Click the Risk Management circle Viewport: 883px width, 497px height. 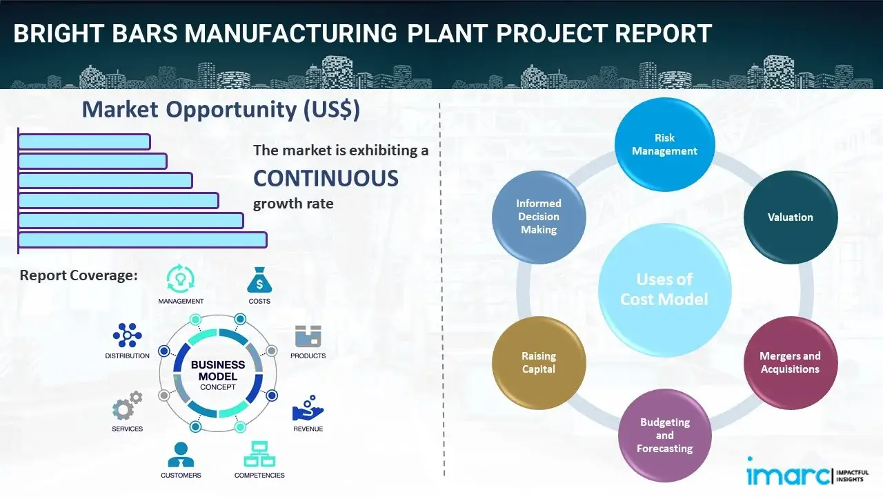664,145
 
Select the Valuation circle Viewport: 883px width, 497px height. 790,217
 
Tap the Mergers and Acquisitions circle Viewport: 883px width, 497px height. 790,362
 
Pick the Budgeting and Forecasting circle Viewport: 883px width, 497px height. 664,435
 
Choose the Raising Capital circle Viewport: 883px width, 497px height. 539,363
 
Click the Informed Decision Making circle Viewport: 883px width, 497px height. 539,217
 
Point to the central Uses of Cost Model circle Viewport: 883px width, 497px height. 664,289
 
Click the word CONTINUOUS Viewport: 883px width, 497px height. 326,178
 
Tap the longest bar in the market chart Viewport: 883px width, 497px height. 142,240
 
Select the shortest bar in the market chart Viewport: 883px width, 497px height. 84,142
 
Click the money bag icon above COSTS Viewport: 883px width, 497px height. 259,280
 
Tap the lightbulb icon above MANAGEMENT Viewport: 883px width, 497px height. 181,279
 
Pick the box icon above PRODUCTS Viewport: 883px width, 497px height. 308,336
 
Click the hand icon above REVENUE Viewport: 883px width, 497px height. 308,409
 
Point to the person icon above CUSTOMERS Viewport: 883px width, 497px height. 181,454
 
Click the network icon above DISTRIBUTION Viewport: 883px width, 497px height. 127,335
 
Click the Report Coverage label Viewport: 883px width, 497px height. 79,275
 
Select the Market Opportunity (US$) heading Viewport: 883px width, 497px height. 221,110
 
